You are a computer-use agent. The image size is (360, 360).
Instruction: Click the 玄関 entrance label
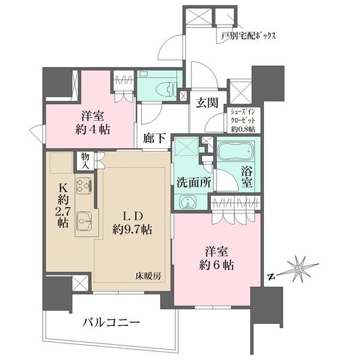click(x=206, y=103)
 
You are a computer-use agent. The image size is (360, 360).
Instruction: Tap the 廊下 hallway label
click(x=155, y=139)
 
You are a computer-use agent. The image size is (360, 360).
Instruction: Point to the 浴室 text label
click(x=248, y=178)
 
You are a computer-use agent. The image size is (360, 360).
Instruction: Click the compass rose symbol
click(x=298, y=270)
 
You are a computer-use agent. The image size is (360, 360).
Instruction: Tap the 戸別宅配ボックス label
click(x=248, y=36)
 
